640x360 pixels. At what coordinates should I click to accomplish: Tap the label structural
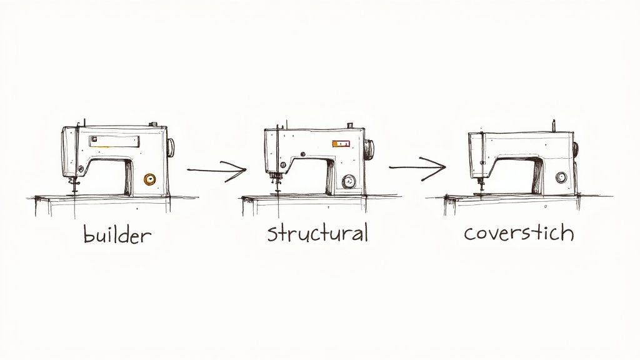317,233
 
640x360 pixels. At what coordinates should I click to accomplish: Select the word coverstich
519,232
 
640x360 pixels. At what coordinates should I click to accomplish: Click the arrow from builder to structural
216,169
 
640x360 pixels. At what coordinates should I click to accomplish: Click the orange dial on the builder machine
149,179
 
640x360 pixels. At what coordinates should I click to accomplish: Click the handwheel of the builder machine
171,147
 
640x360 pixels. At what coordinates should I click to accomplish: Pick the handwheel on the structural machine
370,149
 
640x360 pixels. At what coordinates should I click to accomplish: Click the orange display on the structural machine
341,144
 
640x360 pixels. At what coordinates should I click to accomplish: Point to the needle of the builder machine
73,184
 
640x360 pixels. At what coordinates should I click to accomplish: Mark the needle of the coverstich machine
480,185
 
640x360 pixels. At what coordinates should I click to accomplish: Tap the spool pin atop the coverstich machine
553,126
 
